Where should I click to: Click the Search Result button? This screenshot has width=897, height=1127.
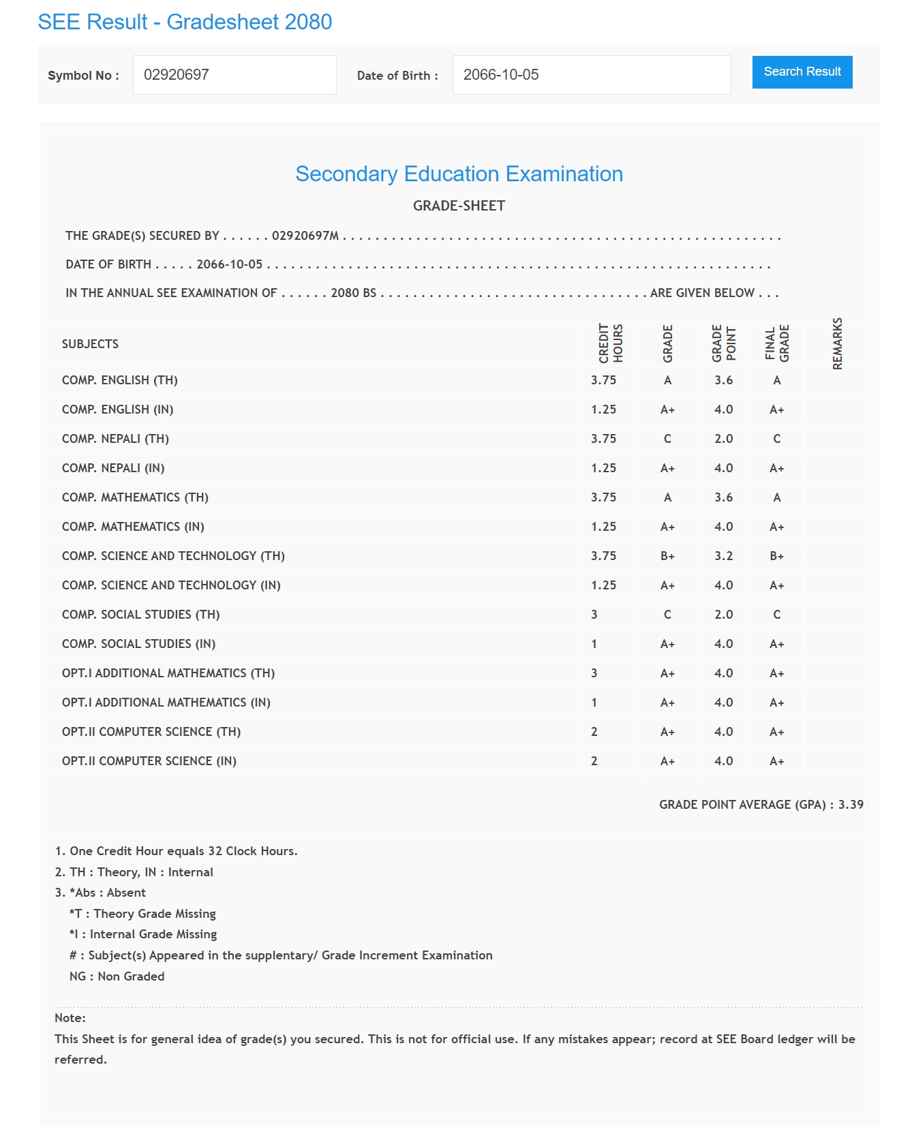pyautogui.click(x=802, y=72)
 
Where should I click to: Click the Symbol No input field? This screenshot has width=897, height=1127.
pyautogui.click(x=234, y=75)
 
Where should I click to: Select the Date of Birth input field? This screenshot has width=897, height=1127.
pyautogui.click(x=591, y=75)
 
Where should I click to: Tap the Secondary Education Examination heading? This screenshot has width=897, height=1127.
pyautogui.click(x=459, y=174)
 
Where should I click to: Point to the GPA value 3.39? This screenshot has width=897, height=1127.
pyautogui.click(x=851, y=805)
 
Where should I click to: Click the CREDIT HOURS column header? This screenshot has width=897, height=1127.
pyautogui.click(x=611, y=343)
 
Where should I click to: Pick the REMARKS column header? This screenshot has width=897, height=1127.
pyautogui.click(x=838, y=343)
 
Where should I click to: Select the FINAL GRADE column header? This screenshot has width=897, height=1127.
pyautogui.click(x=777, y=343)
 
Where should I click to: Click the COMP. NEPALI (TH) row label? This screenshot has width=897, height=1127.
pyautogui.click(x=115, y=439)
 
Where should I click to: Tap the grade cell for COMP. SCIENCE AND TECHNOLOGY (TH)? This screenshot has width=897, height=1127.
pyautogui.click(x=667, y=556)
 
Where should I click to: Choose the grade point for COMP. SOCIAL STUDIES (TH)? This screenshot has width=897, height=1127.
pyautogui.click(x=723, y=615)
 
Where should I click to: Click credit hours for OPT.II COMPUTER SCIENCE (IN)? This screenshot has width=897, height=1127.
pyautogui.click(x=594, y=761)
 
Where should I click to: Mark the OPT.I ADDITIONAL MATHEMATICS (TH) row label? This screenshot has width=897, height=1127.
pyautogui.click(x=168, y=673)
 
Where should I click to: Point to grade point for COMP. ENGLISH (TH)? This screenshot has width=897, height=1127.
pyautogui.click(x=723, y=380)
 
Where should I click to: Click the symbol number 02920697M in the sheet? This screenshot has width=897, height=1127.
pyautogui.click(x=305, y=236)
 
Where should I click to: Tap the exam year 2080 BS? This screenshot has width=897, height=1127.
pyautogui.click(x=353, y=293)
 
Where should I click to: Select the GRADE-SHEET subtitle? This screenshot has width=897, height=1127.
pyautogui.click(x=459, y=206)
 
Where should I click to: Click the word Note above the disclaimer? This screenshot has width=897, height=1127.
pyautogui.click(x=70, y=1018)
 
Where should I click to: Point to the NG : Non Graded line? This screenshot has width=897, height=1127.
pyautogui.click(x=117, y=976)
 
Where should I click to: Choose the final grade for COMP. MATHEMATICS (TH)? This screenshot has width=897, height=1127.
pyautogui.click(x=776, y=497)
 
